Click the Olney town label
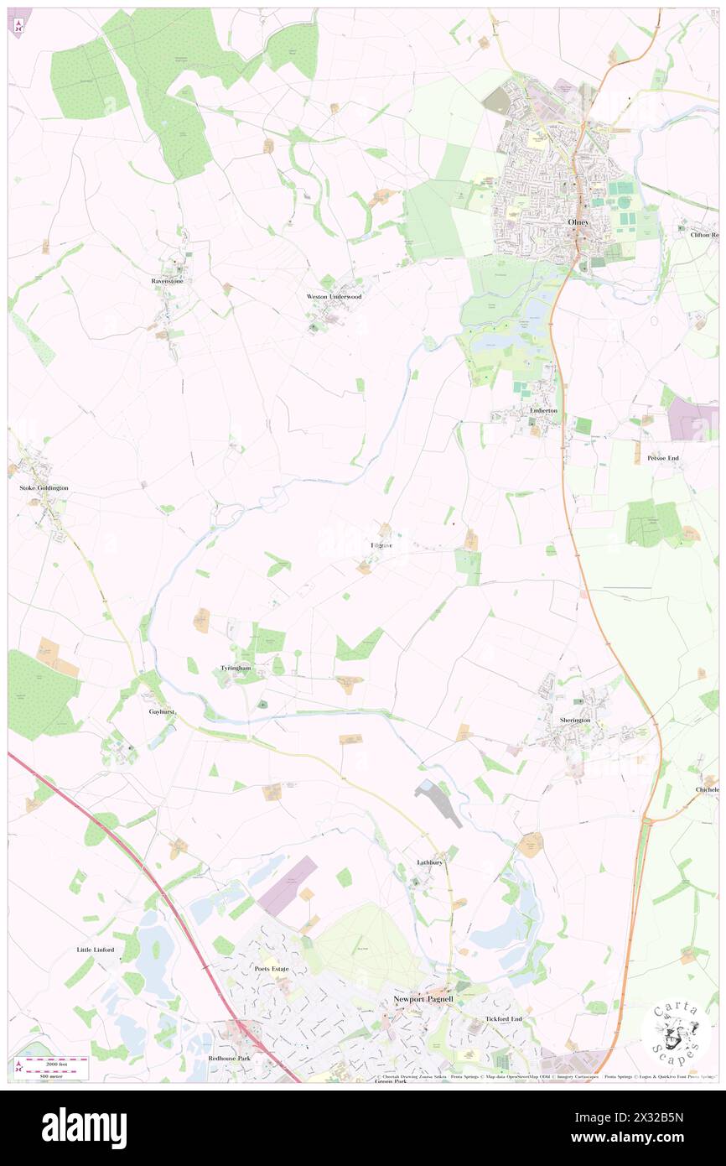tap(578, 221)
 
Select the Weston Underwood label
tap(333, 297)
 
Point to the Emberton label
tap(543, 410)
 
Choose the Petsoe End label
tap(662, 458)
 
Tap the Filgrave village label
tap(381, 545)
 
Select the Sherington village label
tap(575, 720)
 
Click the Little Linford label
tap(95, 950)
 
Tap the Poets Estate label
tap(271, 969)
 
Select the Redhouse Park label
tap(231, 1059)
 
